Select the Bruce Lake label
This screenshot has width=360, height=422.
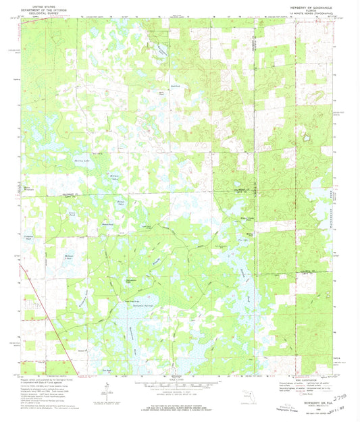(122, 202)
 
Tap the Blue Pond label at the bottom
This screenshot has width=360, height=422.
(105, 370)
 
